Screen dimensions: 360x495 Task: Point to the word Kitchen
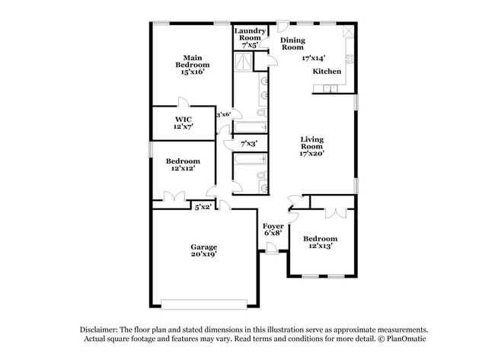(327, 71)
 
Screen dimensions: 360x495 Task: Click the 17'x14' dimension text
(313, 57)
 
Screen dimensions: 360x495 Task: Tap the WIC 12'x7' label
(183, 123)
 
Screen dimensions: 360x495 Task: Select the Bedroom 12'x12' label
(183, 164)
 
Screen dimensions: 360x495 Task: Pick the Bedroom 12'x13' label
(320, 242)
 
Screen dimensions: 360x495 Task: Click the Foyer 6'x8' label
(273, 230)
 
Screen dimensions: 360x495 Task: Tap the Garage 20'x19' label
(203, 250)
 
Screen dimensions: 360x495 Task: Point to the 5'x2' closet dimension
(203, 206)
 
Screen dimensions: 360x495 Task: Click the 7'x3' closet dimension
(248, 143)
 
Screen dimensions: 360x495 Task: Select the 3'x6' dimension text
(223, 114)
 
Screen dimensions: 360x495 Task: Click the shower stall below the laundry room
(244, 63)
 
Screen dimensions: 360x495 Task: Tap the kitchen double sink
(329, 89)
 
